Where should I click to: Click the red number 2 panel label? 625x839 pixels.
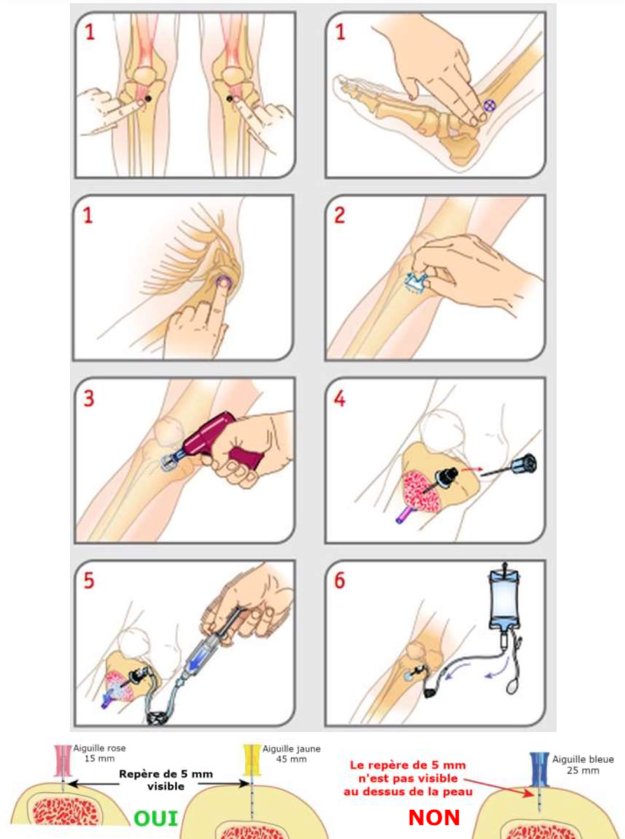pyautogui.click(x=339, y=215)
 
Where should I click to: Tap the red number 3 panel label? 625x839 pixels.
pyautogui.click(x=88, y=398)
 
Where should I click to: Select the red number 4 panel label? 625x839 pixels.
pyautogui.click(x=339, y=398)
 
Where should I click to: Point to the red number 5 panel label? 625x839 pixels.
pyautogui.click(x=88, y=580)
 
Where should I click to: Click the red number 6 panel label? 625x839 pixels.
pyautogui.click(x=340, y=580)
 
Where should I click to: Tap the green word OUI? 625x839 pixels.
pyautogui.click(x=156, y=819)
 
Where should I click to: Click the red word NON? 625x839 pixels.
pyautogui.click(x=434, y=818)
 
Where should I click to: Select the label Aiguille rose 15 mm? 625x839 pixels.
pyautogui.click(x=100, y=753)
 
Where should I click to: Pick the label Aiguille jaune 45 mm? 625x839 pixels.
pyautogui.click(x=291, y=754)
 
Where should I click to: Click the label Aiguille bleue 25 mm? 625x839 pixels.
pyautogui.click(x=583, y=765)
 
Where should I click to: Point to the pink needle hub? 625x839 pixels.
pyautogui.click(x=63, y=761)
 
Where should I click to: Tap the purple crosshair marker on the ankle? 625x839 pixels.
pyautogui.click(x=490, y=105)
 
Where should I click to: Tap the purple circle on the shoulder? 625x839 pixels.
pyautogui.click(x=223, y=282)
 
